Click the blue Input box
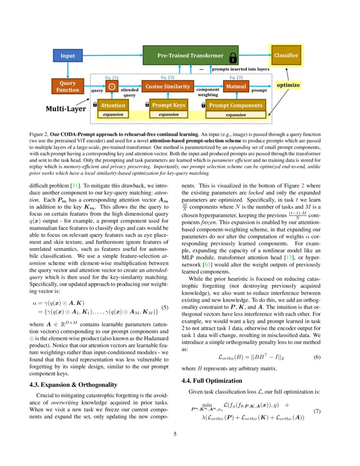coord(67,55)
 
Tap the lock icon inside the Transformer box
coord(233,58)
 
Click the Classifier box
coord(286,55)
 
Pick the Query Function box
coord(68,86)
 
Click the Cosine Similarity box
coord(168,86)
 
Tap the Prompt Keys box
coord(168,105)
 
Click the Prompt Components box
coord(235,105)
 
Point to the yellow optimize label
coord(288,85)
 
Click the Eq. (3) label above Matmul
coord(236,78)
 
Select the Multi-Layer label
coord(66,109)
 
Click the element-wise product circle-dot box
coord(112,86)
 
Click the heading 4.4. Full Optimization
coord(212,380)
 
